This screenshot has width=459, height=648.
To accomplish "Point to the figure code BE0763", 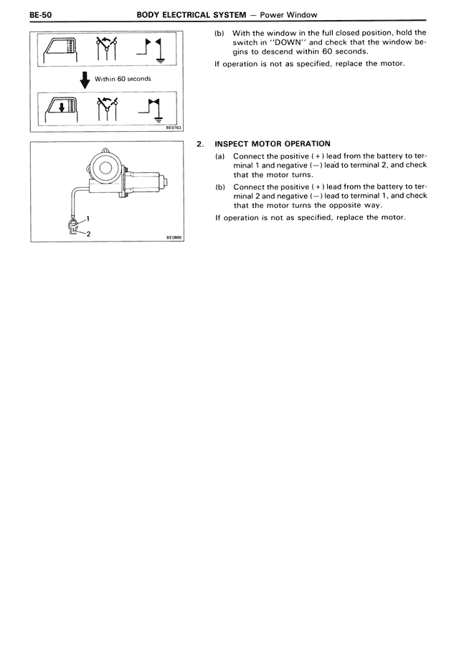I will click(x=173, y=129).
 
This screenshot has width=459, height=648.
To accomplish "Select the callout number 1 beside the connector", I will click(x=88, y=216).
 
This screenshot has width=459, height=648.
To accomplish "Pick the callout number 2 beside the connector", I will click(x=88, y=234).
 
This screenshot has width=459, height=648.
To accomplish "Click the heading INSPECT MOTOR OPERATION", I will click(x=273, y=144).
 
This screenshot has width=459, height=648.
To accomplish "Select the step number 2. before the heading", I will click(x=200, y=144).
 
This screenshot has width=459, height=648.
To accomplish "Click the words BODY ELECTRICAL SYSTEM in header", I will click(x=189, y=14).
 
